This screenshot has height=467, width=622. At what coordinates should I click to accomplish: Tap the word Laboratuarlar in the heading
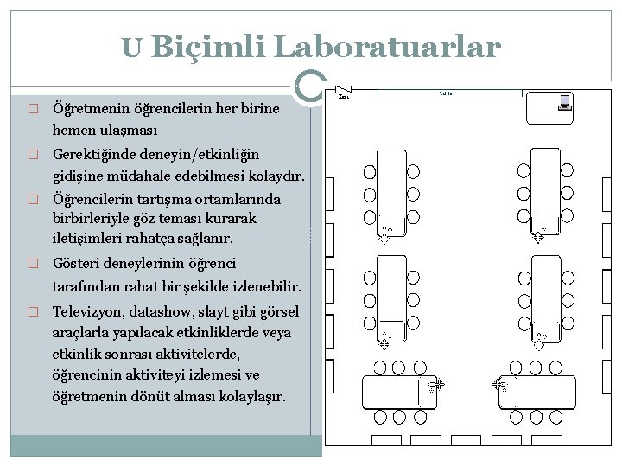387,47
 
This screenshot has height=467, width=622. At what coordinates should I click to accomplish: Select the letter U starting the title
132,48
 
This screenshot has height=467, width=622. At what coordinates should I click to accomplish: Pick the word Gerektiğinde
95,155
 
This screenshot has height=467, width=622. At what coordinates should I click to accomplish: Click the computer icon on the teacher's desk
566,102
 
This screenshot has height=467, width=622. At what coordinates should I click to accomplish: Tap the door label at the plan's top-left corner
343,98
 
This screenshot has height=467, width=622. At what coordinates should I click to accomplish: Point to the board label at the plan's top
447,92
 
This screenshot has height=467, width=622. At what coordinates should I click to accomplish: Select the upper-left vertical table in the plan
392,187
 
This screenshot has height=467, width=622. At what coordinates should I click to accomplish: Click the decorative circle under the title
308,84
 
